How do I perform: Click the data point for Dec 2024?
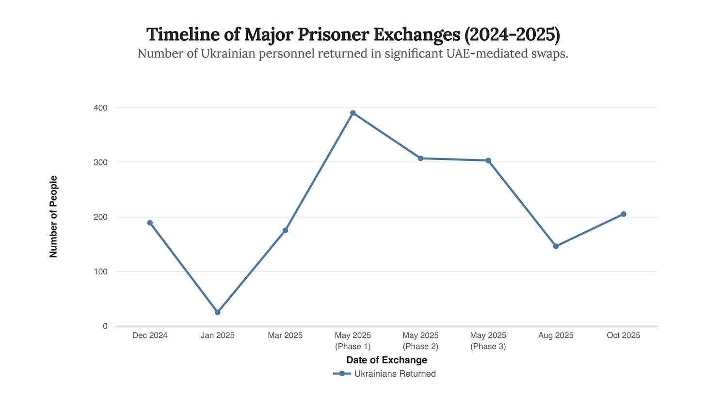tap(150, 223)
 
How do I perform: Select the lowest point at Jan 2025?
tap(218, 312)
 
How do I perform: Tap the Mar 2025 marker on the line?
tap(285, 230)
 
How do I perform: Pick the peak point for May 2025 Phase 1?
tap(353, 113)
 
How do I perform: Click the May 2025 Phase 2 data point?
tap(420, 159)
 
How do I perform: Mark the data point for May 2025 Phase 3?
tap(488, 160)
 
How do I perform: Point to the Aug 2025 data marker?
tap(556, 246)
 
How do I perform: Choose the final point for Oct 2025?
tap(624, 214)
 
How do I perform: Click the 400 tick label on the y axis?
tap(101, 107)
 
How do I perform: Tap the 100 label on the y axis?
tap(101, 271)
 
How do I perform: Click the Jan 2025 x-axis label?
tap(218, 335)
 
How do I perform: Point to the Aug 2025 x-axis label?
tap(556, 335)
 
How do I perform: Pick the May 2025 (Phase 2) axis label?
tap(420, 341)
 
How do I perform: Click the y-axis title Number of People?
tap(53, 217)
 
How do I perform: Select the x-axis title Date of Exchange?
tap(386, 360)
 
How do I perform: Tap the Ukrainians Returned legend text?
tap(395, 374)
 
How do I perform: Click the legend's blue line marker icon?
tap(342, 374)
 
